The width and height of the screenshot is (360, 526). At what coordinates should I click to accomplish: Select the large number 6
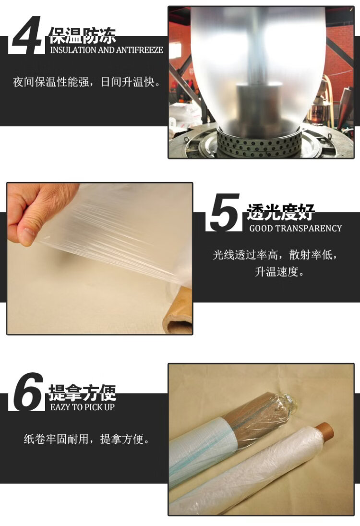pyautogui.click(x=29, y=391)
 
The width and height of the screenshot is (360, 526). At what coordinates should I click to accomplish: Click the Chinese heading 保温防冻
pyautogui.click(x=83, y=36)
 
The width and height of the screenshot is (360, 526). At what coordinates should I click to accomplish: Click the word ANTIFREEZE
pyautogui.click(x=140, y=50)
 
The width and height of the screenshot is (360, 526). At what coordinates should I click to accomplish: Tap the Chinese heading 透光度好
pyautogui.click(x=280, y=212)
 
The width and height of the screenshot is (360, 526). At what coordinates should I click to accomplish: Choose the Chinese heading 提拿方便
pyautogui.click(x=83, y=392)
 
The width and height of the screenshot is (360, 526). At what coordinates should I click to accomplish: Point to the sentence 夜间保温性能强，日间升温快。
pyautogui.click(x=86, y=82)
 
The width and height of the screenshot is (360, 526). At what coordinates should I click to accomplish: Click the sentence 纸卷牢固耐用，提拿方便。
pyautogui.click(x=86, y=439)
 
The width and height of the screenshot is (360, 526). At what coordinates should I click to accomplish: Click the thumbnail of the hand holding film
pyautogui.click(x=99, y=258)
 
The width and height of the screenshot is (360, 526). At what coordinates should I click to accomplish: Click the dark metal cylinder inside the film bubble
pyautogui.click(x=260, y=107)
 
